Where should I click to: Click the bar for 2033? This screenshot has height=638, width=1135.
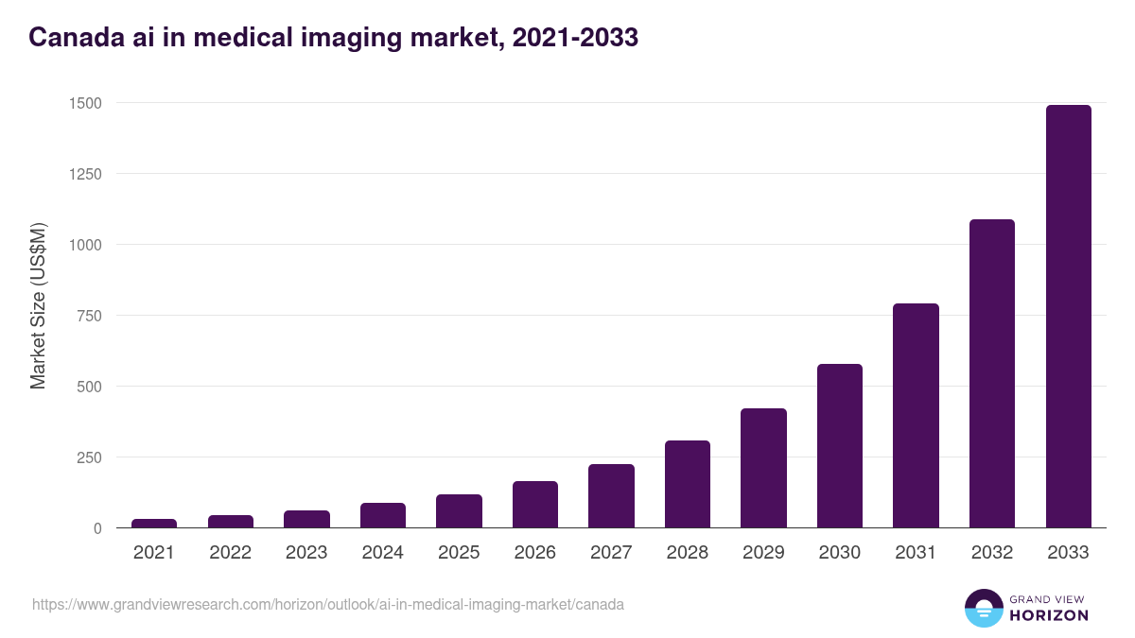1068,316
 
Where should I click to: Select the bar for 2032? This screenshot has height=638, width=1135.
991,373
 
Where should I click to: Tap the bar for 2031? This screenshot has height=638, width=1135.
916,415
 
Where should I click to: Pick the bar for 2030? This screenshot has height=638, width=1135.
840,445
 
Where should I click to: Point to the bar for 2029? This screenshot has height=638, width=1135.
763,468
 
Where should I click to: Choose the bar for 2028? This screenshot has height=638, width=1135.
688,484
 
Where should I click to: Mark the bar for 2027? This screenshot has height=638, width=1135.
611,495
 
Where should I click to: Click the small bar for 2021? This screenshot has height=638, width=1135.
154,523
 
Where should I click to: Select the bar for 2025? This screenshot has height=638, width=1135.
459,510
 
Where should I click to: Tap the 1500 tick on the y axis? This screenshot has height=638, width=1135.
85,103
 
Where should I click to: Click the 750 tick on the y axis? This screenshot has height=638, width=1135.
90,316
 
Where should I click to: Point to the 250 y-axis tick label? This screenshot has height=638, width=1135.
90,457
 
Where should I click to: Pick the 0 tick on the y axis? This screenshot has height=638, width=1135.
97,528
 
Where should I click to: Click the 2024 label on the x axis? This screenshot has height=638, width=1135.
382,553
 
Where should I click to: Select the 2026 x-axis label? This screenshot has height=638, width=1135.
534,553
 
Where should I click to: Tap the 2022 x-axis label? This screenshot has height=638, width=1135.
230,553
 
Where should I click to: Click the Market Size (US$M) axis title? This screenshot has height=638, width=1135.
38,304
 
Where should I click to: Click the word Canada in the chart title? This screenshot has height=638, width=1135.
72,38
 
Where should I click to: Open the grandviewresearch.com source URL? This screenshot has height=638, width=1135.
327,604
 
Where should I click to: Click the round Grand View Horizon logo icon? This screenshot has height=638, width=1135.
983,608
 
